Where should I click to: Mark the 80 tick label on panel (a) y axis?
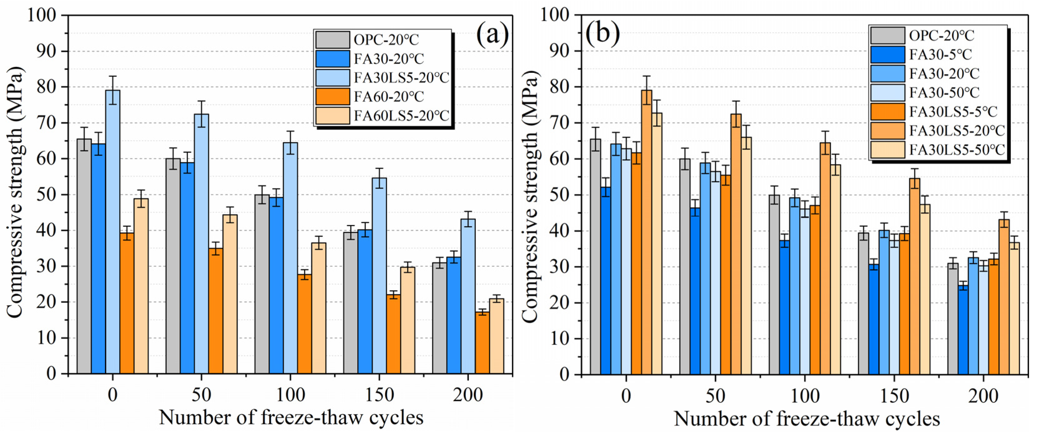[x=47, y=87]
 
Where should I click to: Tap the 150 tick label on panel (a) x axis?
[x=379, y=395]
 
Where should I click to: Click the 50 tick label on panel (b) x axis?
[x=715, y=396]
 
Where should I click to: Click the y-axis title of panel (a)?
[x=15, y=193]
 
